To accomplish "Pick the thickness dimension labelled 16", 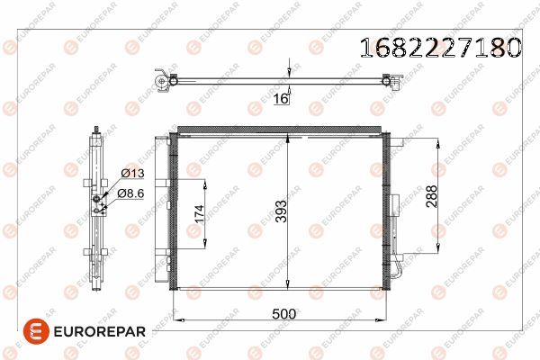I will point(281,100).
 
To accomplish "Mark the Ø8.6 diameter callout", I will point(130,192).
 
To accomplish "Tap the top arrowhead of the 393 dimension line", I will point(286,138).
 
